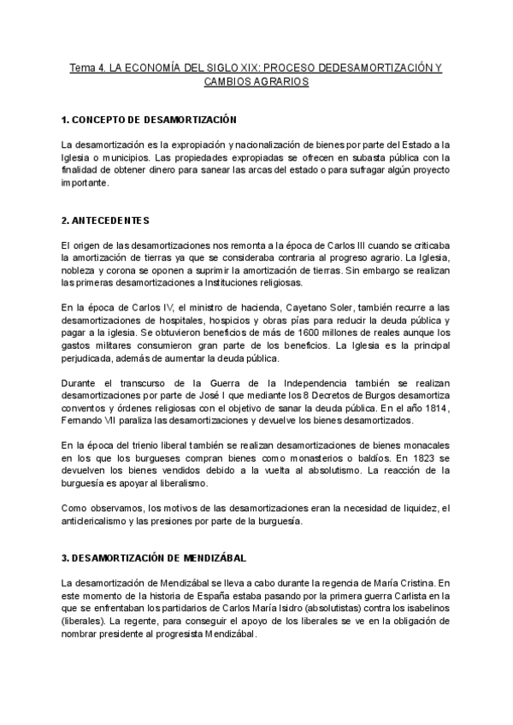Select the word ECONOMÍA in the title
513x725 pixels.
click(150, 67)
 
